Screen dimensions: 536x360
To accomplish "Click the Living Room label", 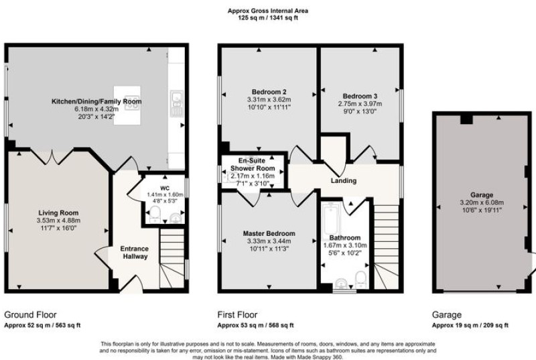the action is pyautogui.click(x=58, y=213).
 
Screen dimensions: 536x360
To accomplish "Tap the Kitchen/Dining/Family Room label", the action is pyautogui.click(x=96, y=101).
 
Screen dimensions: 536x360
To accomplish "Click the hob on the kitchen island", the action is pyautogui.click(x=132, y=103).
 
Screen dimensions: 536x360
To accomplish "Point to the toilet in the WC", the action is pyautogui.click(x=155, y=214).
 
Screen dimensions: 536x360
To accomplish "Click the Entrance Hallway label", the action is pyautogui.click(x=135, y=252).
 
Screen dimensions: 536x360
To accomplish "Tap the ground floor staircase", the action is pyautogui.click(x=173, y=259).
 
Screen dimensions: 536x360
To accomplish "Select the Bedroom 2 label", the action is pyautogui.click(x=269, y=92).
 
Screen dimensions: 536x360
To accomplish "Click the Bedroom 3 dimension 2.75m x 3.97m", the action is pyautogui.click(x=360, y=104).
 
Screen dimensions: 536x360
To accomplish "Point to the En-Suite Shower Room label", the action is pyautogui.click(x=253, y=164).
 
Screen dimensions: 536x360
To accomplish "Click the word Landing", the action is pyautogui.click(x=344, y=180).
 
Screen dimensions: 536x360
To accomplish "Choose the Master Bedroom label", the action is pyautogui.click(x=269, y=233).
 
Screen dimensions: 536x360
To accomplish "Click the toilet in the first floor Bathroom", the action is pyautogui.click(x=360, y=279).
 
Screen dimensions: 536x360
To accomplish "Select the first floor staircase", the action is pyautogui.click(x=387, y=247).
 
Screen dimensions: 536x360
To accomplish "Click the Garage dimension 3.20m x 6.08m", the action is pyautogui.click(x=482, y=202).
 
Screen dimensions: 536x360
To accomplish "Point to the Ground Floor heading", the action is pyautogui.click(x=30, y=314).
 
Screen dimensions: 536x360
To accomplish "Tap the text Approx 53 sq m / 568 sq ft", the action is pyautogui.click(x=255, y=325).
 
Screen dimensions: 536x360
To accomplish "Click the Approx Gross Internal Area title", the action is pyautogui.click(x=268, y=11).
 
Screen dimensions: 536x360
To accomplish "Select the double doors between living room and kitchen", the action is pyautogui.click(x=52, y=157).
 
